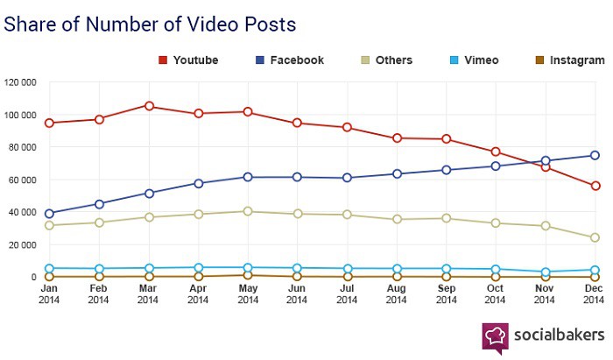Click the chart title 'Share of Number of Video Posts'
click(150, 24)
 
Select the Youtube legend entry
click(188, 60)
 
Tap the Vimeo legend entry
click(474, 60)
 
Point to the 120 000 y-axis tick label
click(20, 83)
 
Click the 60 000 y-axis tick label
click(22, 180)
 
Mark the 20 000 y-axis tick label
click(22, 245)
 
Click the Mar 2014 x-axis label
click(149, 294)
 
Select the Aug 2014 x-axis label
click(397, 294)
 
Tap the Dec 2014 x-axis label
click(595, 294)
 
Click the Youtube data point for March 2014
click(149, 106)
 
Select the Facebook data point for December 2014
click(595, 155)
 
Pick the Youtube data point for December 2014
click(595, 186)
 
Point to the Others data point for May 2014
click(249, 211)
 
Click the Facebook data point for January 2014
click(50, 214)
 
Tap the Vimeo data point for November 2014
click(546, 272)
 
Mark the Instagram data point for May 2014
click(249, 275)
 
